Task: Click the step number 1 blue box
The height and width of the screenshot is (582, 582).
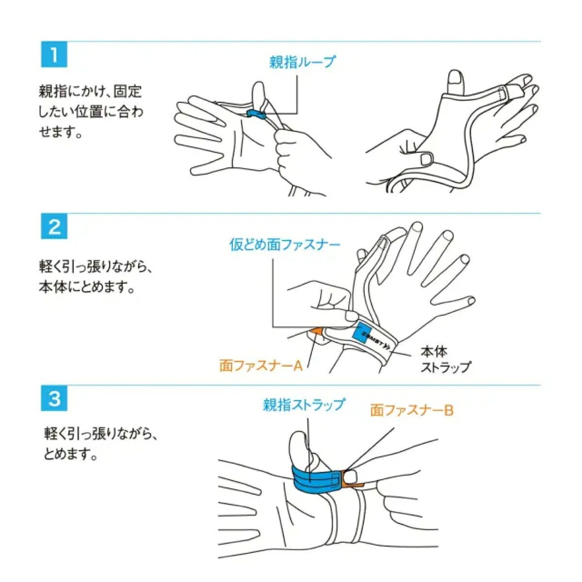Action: click(54, 55)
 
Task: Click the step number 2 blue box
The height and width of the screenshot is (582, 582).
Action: click(54, 226)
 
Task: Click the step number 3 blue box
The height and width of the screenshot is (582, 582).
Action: click(54, 398)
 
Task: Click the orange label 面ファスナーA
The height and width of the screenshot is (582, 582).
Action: click(261, 366)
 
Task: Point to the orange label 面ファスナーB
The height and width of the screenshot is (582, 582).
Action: click(412, 410)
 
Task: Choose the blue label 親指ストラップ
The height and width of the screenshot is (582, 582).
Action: click(304, 404)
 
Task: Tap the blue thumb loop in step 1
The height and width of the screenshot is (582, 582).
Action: click(256, 114)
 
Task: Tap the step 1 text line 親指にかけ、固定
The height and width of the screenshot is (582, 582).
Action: click(90, 92)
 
